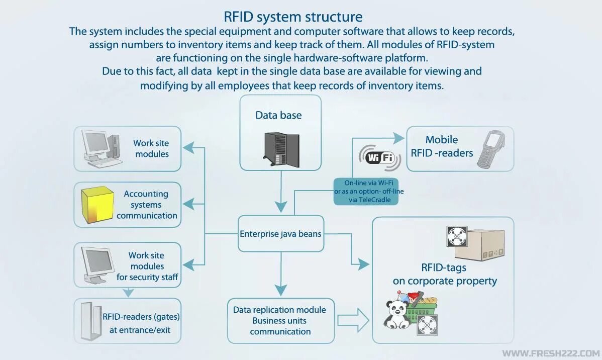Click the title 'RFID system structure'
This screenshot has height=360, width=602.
[x=293, y=17]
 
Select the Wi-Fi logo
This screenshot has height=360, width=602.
[x=379, y=158]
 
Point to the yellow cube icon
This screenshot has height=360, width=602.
[x=97, y=205]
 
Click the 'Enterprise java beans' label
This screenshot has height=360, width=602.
[x=280, y=234]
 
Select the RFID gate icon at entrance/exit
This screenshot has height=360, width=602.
[x=89, y=321]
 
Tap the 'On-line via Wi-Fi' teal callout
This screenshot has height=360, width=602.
[x=369, y=191]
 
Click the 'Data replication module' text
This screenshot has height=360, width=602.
[x=279, y=310]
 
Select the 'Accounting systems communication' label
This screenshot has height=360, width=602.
[x=147, y=205]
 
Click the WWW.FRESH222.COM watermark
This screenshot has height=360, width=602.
[x=551, y=353]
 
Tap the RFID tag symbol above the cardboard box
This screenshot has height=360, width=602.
[x=457, y=236]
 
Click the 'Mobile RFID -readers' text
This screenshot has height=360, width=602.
[x=442, y=146]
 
